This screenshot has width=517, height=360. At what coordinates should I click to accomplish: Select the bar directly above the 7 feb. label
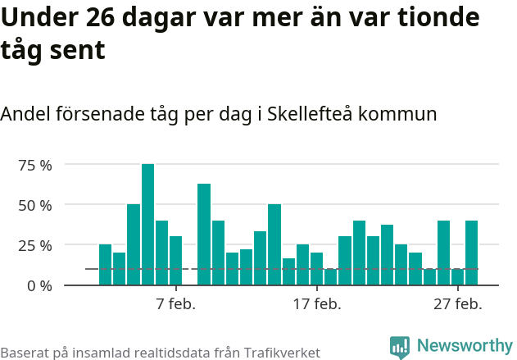[x=175, y=261]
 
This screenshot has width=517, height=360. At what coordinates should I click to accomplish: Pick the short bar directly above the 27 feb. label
[x=457, y=277]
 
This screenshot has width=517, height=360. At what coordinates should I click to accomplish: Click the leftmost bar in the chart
[x=105, y=265]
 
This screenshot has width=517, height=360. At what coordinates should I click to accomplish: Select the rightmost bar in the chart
[x=471, y=253]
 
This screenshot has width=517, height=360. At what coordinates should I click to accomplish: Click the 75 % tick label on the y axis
[x=35, y=165]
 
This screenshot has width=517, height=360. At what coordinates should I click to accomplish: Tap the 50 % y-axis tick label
[x=35, y=205]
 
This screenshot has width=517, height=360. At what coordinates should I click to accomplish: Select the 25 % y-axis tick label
[x=35, y=245]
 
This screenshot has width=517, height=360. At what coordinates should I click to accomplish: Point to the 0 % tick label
[x=39, y=285]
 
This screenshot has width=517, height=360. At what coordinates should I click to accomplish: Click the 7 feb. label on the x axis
[x=175, y=304]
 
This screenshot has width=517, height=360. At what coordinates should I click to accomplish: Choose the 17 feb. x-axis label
[x=316, y=304]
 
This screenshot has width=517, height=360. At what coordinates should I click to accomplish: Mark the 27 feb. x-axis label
[x=457, y=304]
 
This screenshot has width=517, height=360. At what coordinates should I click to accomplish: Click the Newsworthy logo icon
[x=400, y=347]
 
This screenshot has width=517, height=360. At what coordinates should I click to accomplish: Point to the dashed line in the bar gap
[x=190, y=269]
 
